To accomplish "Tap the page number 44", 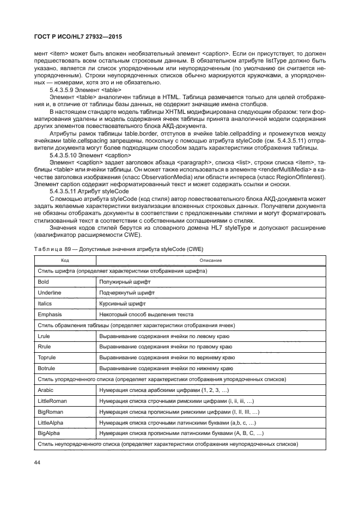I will (39, 462).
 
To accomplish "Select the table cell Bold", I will (43, 282).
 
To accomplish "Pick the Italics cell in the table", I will (45, 304).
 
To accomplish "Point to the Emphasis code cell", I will (50, 315).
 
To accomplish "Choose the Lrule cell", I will (44, 336).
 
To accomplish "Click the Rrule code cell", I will (44, 347).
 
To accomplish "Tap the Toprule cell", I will (47, 358).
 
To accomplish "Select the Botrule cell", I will (47, 369).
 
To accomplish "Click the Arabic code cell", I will (46, 390).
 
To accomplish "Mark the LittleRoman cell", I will (52, 401).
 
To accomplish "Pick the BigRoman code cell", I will (50, 412).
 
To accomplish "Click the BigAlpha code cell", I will (49, 433).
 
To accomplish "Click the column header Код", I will (65, 260).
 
